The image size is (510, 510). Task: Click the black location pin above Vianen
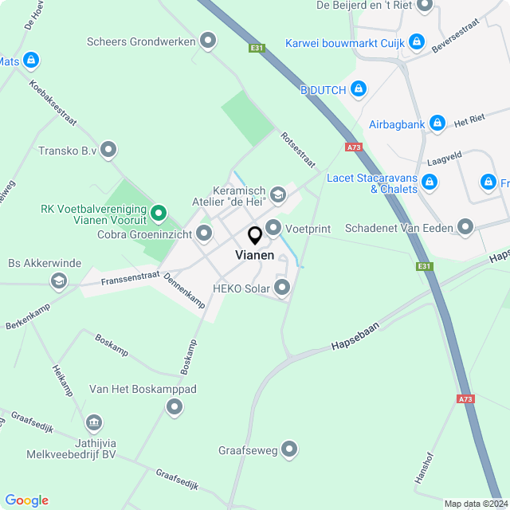255,236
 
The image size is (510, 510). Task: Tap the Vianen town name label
255,256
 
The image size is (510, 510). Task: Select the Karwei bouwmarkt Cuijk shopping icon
416,41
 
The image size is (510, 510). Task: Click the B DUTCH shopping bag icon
359,88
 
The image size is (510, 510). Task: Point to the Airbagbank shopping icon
437,124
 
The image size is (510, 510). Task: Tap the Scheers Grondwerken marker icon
209,41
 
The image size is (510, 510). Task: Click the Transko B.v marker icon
108,149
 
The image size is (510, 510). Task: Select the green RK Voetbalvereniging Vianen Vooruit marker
159,212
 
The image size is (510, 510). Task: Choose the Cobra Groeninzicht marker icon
204,233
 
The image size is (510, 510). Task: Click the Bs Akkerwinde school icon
58,280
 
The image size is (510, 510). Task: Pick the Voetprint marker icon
273,229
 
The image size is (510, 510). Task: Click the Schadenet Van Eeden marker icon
465,228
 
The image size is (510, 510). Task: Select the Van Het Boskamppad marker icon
175,408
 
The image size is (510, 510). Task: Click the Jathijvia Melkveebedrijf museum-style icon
93,422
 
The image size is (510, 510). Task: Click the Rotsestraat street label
297,148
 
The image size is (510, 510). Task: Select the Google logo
26,500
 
